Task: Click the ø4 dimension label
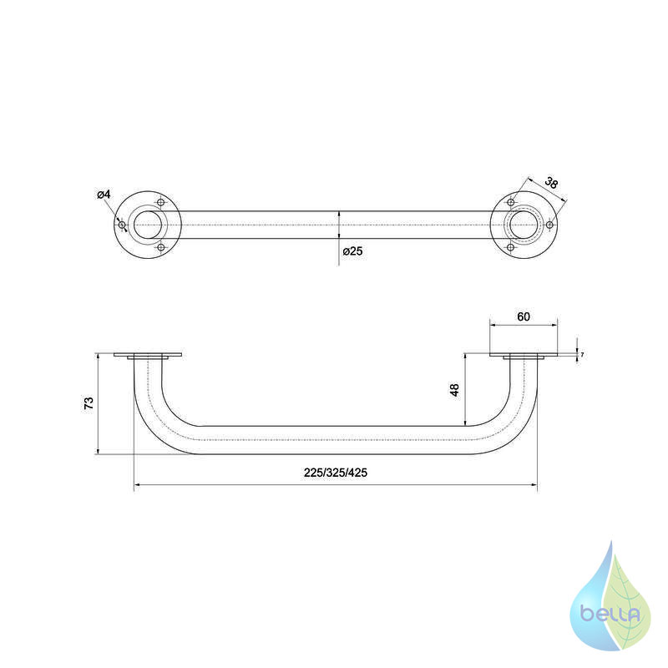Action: [x=104, y=195]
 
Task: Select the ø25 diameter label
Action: [x=352, y=251]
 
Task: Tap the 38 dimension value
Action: [x=551, y=183]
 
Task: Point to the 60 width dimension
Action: [x=524, y=317]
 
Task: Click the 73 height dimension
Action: [x=89, y=403]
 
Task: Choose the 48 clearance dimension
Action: [x=455, y=390]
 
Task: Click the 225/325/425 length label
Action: [x=336, y=473]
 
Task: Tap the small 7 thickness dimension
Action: [x=582, y=354]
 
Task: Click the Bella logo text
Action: [x=610, y=614]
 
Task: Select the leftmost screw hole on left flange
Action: [x=122, y=225]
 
